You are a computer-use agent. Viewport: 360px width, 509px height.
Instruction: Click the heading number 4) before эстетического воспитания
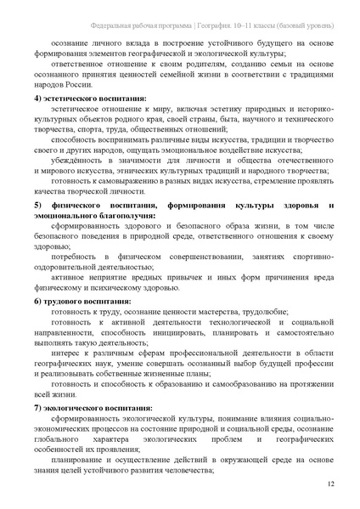click(x=37, y=99)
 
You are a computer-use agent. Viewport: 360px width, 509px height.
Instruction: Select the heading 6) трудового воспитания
click(x=82, y=301)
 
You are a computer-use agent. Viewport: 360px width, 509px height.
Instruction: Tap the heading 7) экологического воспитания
click(x=93, y=408)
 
